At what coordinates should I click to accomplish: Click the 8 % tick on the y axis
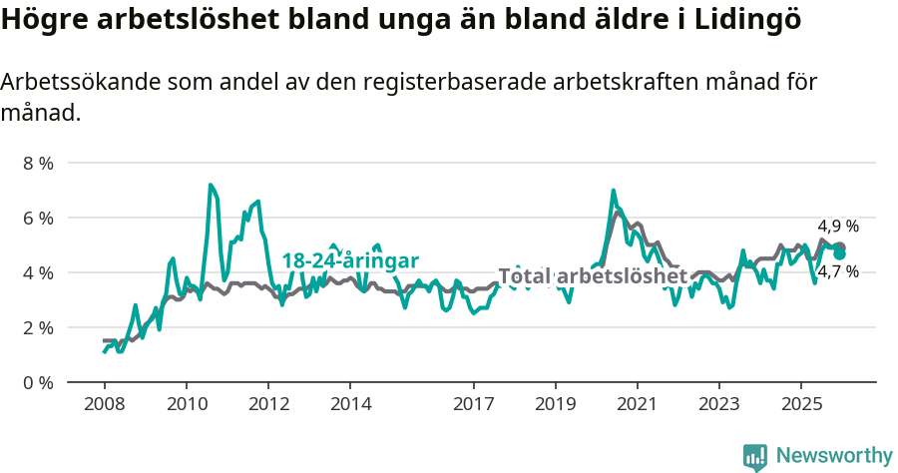coord(39,163)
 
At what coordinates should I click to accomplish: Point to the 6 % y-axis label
coord(39,218)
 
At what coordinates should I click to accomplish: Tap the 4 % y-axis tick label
coord(39,272)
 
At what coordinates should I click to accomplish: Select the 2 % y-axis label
coord(39,327)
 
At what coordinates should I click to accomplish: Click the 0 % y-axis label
coord(39,382)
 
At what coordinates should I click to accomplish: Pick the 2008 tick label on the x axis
coord(104,404)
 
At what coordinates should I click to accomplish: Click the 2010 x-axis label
coord(186,404)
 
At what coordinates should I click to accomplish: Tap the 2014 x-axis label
coord(349,404)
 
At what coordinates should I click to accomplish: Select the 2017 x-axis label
coord(473,404)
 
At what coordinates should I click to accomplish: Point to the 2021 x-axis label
coord(637,404)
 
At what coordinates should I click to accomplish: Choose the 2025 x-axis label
coord(800,404)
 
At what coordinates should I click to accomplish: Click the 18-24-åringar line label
coord(349,260)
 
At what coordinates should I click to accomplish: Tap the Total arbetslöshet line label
coord(593,276)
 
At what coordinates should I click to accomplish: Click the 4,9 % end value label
coord(838,226)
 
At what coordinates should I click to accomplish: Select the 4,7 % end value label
coord(838,270)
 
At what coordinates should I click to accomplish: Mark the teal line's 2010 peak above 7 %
coord(211,185)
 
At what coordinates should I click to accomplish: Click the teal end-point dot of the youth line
coord(840,253)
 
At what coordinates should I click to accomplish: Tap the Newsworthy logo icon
coord(755,456)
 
